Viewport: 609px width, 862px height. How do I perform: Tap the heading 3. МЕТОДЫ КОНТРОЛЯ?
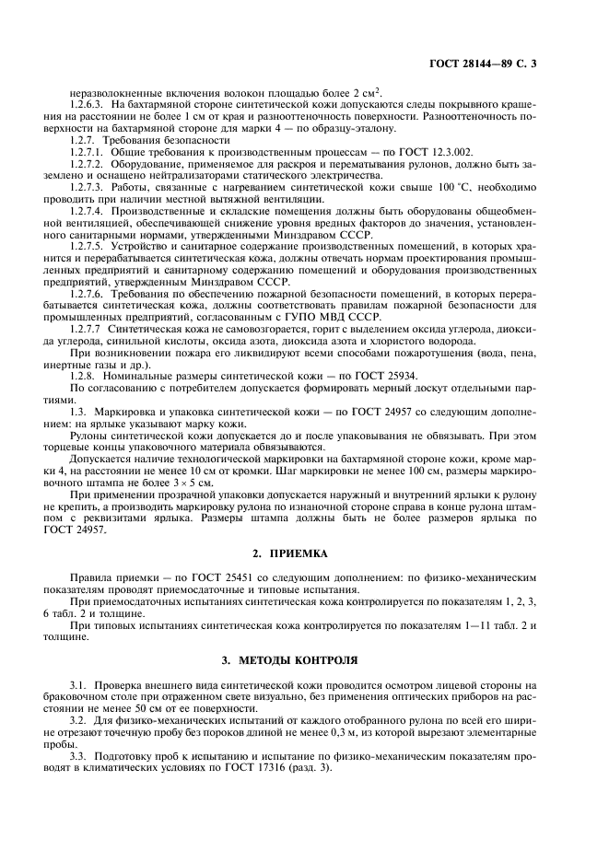[304, 661]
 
